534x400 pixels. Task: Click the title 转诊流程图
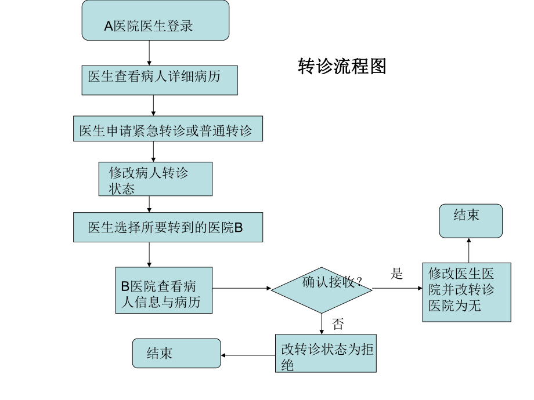[x=342, y=67]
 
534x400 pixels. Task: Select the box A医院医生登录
[x=156, y=21]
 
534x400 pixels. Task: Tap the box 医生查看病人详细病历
[x=160, y=80]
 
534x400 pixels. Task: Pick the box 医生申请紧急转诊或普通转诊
[x=168, y=129]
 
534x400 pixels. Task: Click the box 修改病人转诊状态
[x=156, y=179]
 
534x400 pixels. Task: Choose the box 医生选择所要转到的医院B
[x=168, y=227]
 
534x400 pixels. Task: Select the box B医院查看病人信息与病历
[x=164, y=290]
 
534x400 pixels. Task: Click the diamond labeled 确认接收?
[x=322, y=288]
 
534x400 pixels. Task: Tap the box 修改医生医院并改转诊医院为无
[x=467, y=292]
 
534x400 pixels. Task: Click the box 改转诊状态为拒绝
[x=326, y=354]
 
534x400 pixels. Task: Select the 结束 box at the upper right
[x=471, y=220]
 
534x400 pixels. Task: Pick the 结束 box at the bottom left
[x=176, y=354]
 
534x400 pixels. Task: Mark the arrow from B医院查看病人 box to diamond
[x=241, y=288]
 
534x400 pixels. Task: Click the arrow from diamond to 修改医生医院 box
[x=398, y=288]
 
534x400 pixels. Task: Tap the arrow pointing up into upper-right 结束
[x=469, y=250]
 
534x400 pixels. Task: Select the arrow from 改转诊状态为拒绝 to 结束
[x=248, y=355]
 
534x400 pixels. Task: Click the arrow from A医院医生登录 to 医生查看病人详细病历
[x=150, y=53]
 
